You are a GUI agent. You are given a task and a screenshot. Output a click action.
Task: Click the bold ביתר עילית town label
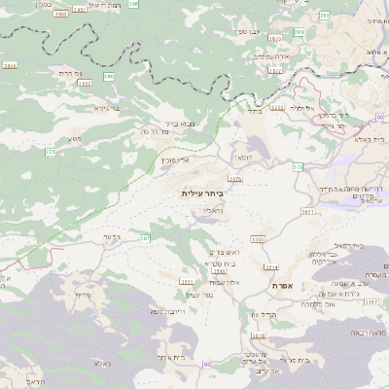pos(201,194)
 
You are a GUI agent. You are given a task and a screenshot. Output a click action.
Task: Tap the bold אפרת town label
pos(298,285)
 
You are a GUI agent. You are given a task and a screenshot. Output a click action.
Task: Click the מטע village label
pos(75,137)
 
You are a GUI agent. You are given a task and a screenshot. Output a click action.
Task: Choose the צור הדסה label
pos(156,131)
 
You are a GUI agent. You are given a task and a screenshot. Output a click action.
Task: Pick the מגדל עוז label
pos(263,313)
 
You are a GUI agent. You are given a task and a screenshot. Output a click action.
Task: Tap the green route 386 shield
pos(109,76)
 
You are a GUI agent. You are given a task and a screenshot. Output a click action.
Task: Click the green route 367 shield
pos(146,237)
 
